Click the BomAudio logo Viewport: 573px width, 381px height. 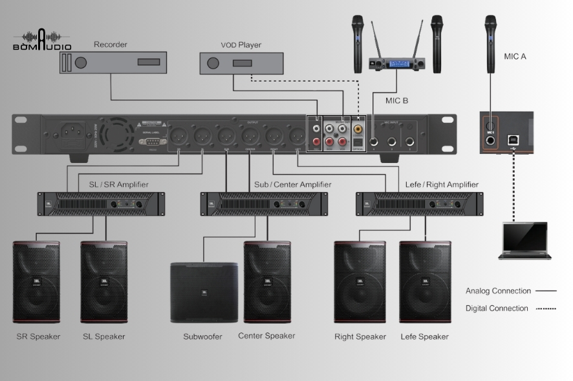click(x=41, y=40)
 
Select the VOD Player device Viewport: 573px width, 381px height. click(x=241, y=63)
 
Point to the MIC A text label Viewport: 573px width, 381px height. click(x=515, y=56)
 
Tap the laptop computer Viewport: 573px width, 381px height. click(x=524, y=241)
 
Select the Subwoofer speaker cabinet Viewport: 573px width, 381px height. click(x=203, y=292)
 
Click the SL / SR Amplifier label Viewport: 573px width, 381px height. click(x=118, y=184)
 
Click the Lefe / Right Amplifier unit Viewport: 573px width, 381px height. click(x=420, y=204)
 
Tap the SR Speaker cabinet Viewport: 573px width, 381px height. click(x=36, y=282)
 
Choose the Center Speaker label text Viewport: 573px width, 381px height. click(x=266, y=336)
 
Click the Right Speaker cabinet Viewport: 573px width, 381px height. click(x=360, y=282)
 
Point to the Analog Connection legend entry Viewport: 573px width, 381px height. click(x=510, y=291)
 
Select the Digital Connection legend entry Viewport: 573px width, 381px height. click(x=510, y=309)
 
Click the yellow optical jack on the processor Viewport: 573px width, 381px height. click(x=358, y=129)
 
